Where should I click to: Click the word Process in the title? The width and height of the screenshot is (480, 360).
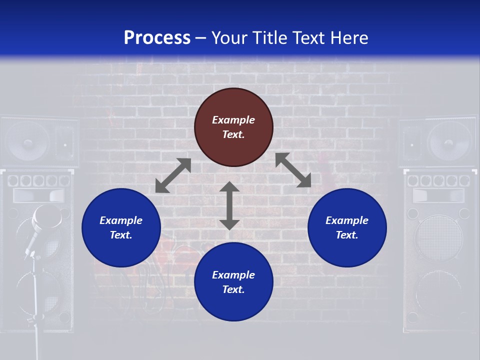point(157,38)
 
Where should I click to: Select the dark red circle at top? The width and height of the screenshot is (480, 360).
point(233,127)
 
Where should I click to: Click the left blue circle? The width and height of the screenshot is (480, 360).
point(121,227)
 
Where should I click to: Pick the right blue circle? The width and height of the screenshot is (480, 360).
point(347,227)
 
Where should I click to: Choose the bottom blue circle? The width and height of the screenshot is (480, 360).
point(233,281)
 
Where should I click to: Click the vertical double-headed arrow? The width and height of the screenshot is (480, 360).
point(229,205)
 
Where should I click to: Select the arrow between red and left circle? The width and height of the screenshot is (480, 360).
point(173,175)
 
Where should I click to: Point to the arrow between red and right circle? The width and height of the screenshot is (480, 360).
point(293,170)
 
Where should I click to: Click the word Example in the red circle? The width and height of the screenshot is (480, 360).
point(233,120)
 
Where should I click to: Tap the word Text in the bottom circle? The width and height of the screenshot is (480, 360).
point(233,289)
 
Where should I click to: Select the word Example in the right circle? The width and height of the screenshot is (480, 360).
point(347,220)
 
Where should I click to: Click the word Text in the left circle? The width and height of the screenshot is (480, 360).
point(120,235)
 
